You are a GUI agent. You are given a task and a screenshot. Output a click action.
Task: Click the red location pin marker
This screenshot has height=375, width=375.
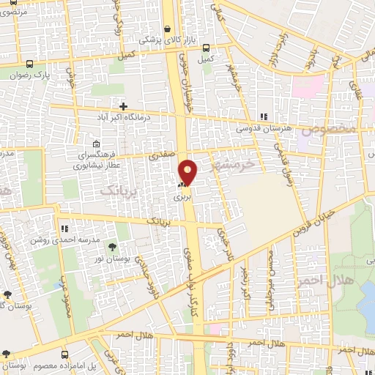189,172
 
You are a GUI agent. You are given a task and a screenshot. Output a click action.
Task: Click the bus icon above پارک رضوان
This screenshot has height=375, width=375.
29,63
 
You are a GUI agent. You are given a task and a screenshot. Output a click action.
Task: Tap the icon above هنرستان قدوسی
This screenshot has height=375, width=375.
264,116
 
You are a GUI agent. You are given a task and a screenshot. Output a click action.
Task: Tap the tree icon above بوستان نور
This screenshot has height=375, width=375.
111,248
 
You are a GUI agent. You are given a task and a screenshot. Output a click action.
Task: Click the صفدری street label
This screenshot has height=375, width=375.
159,155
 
